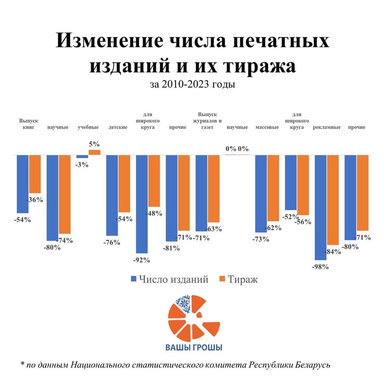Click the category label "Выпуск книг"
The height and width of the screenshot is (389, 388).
pos(29,124)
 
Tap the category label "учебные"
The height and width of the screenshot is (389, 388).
pos(88,127)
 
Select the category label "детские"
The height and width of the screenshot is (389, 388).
pos(118,127)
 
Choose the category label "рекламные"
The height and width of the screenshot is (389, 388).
pos(326,127)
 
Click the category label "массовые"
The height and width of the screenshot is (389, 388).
pos(267,127)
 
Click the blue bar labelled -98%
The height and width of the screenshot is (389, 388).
pos(320,207)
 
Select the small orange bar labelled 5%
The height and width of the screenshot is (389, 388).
pos(95,152)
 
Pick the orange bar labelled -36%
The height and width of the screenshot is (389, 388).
pos(34,175)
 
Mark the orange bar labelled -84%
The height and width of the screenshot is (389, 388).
pos(332,200)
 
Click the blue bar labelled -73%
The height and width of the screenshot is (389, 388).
pos(261,193)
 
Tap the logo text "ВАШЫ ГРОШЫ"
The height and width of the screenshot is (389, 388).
pos(194,347)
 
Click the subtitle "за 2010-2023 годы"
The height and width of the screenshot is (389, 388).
pos(192,85)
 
